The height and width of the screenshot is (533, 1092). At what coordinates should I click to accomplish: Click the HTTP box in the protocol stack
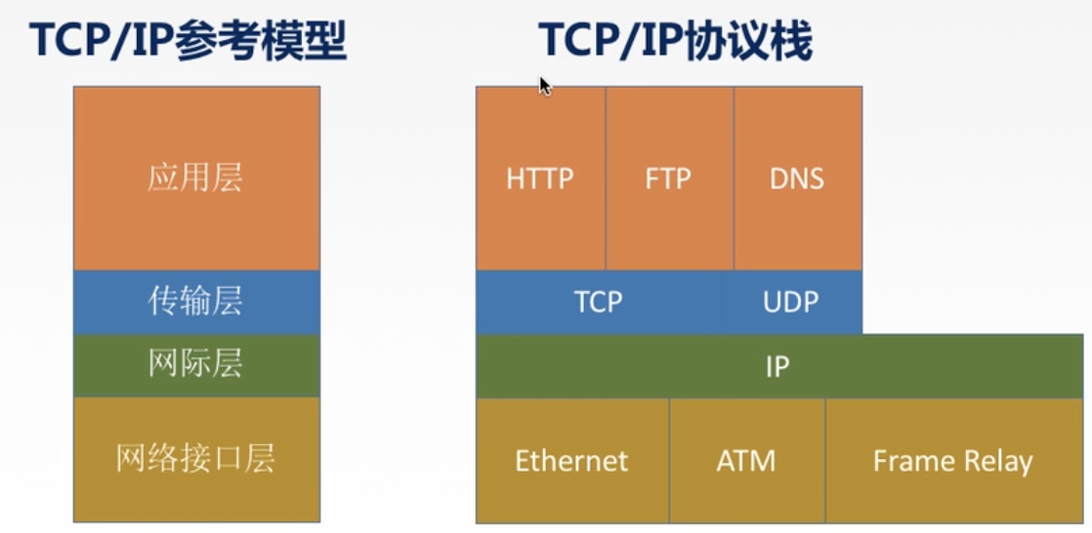point(540,179)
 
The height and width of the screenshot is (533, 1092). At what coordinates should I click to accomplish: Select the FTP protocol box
point(668,179)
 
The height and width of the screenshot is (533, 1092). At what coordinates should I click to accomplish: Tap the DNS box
point(797,179)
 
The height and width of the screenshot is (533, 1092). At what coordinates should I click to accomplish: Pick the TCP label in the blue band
point(598,302)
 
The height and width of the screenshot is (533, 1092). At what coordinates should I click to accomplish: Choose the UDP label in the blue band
point(790,302)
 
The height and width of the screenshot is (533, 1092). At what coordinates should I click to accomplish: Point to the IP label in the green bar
point(777,367)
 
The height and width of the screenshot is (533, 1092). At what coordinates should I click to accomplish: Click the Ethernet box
point(571,460)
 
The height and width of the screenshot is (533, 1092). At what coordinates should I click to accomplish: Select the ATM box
point(746,460)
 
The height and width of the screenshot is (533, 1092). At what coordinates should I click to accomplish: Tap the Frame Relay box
point(952,460)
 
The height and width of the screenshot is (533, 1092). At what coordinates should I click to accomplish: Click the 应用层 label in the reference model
point(195,178)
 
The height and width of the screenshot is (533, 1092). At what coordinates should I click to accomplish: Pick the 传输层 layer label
point(195,302)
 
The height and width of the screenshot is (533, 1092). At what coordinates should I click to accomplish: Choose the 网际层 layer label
point(195,364)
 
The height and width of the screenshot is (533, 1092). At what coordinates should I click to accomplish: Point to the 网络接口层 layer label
point(195,458)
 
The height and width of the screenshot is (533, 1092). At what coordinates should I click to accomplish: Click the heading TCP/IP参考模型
point(189,41)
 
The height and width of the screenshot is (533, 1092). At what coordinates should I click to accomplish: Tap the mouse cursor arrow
point(544,86)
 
